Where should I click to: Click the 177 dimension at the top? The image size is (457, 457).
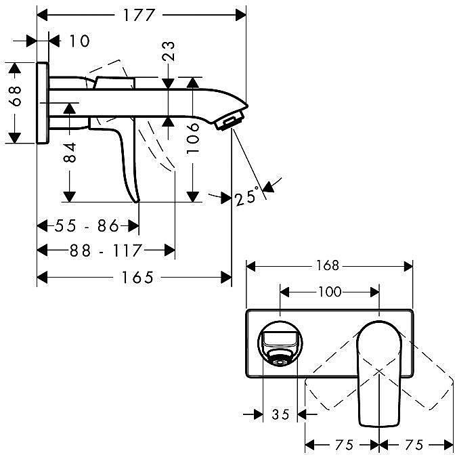click(138, 15)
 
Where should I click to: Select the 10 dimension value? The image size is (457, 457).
click(79, 41)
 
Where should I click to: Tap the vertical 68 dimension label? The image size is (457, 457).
click(15, 96)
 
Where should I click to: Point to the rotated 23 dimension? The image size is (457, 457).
click(168, 51)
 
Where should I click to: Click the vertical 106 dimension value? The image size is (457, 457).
click(193, 138)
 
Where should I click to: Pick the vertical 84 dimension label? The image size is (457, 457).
click(70, 152)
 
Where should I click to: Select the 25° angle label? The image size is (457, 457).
click(247, 196)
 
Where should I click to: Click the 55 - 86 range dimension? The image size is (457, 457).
click(87, 225)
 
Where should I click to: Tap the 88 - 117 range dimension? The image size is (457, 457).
click(106, 251)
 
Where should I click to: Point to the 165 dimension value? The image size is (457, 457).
click(137, 277)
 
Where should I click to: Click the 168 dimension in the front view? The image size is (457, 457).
click(328, 265)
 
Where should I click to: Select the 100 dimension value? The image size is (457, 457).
click(329, 291)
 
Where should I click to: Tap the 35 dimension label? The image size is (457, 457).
click(280, 414)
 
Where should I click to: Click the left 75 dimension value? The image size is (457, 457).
click(344, 445)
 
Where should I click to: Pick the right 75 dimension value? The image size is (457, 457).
click(414, 445)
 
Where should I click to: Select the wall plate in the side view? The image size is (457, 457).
click(43, 103)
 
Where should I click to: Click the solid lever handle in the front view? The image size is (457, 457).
click(379, 374)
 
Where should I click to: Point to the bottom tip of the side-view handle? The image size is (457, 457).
click(137, 201)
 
